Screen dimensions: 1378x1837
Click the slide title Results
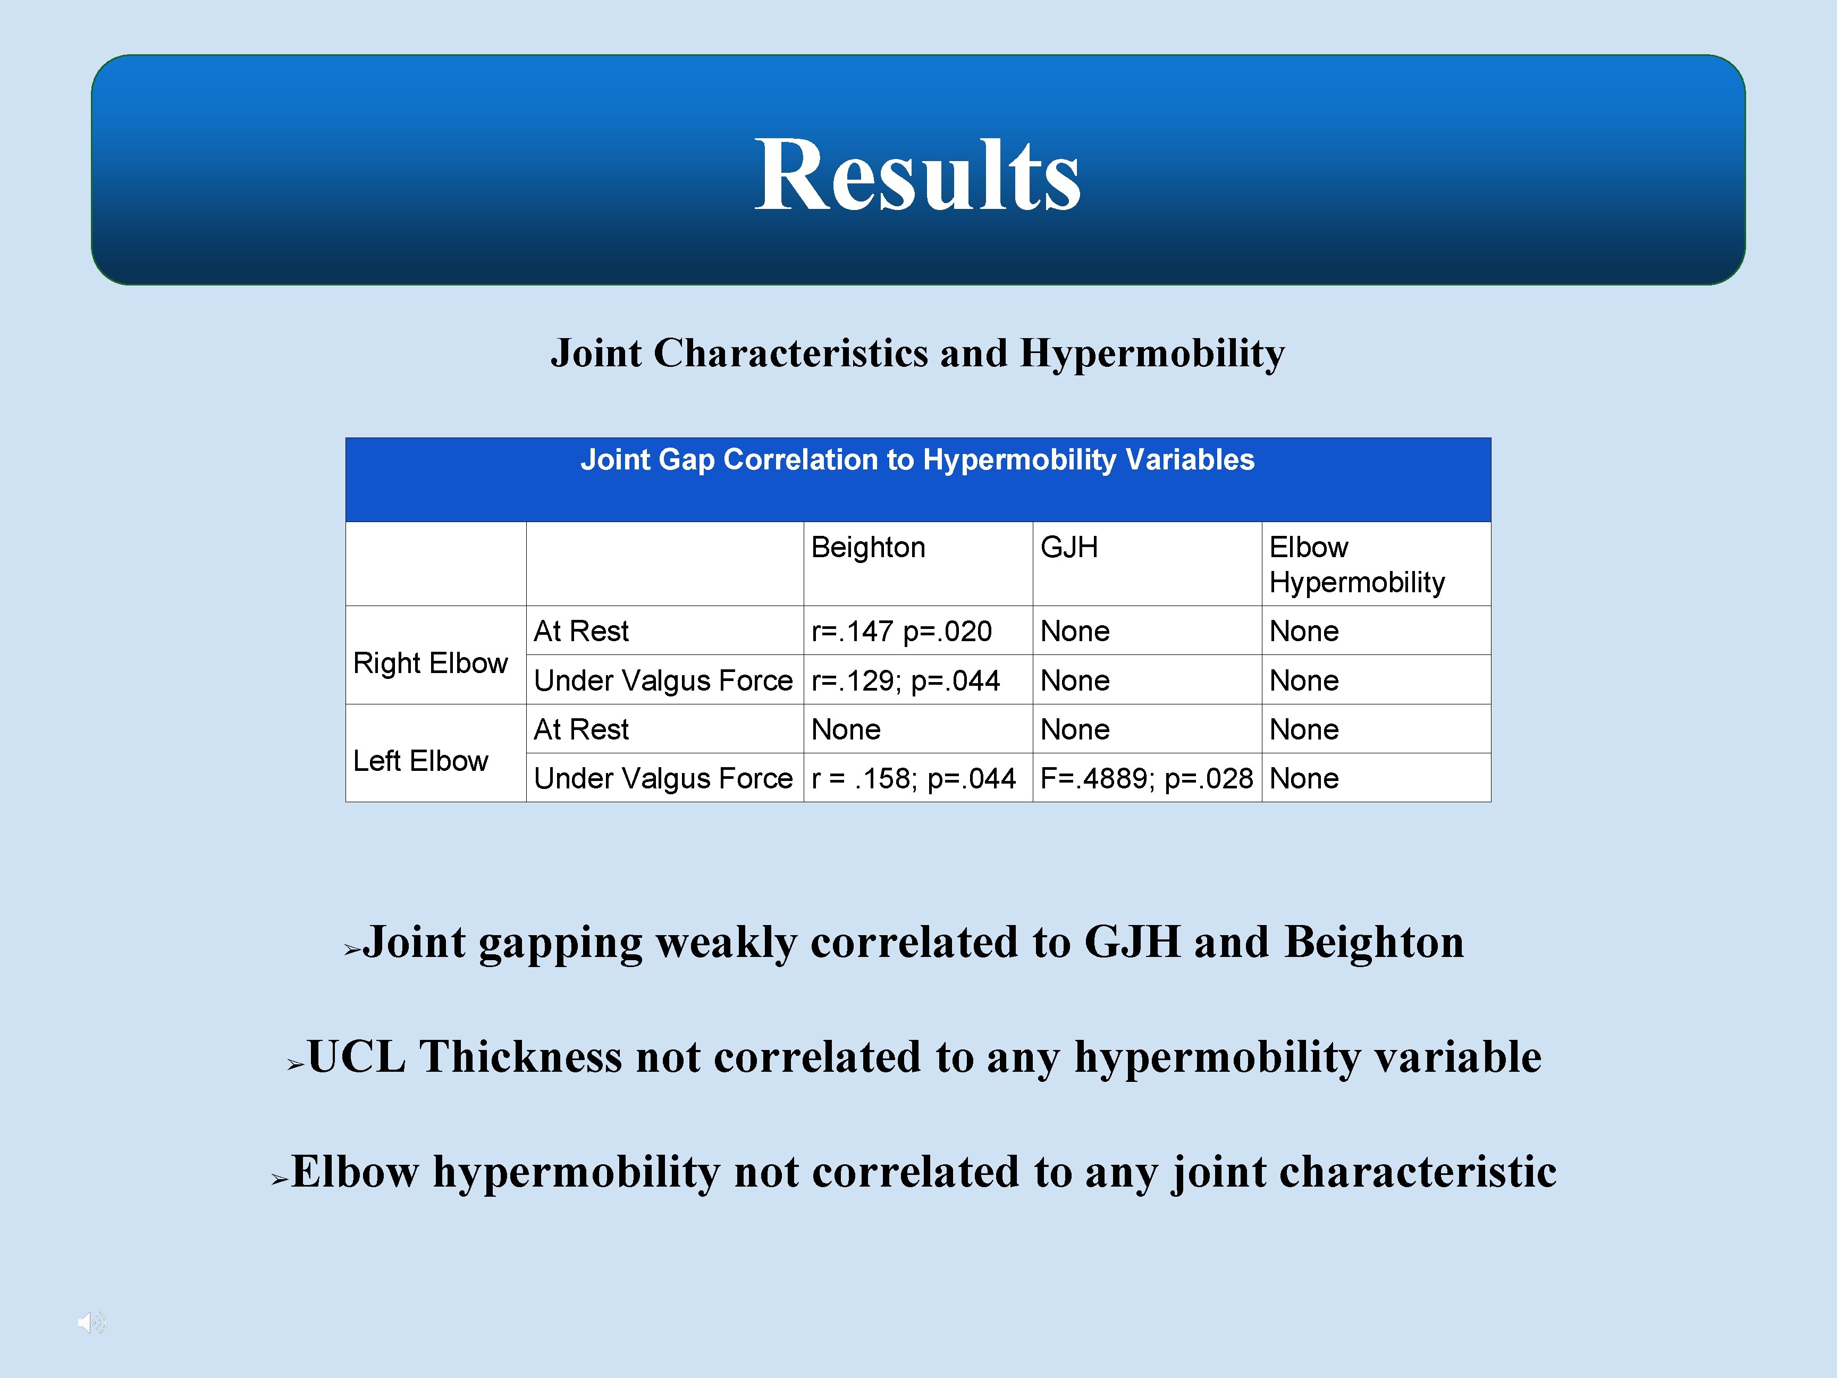tap(917, 176)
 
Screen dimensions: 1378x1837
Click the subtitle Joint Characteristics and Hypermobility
tap(917, 353)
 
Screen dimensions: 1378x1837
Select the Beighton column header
tap(868, 548)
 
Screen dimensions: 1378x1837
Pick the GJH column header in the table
tap(1069, 548)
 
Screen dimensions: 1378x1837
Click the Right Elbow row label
tap(430, 663)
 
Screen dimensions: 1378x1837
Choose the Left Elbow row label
tap(420, 761)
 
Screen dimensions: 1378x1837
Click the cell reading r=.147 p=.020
tap(901, 631)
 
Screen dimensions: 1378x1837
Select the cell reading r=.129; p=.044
tap(905, 681)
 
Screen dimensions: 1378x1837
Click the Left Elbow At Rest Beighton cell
tap(846, 729)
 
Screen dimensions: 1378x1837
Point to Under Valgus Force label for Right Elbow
tap(663, 681)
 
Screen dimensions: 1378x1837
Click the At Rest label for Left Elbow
tap(582, 729)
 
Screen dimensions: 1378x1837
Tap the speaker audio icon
tap(90, 1322)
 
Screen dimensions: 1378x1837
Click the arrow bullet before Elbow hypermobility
tap(280, 1180)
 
